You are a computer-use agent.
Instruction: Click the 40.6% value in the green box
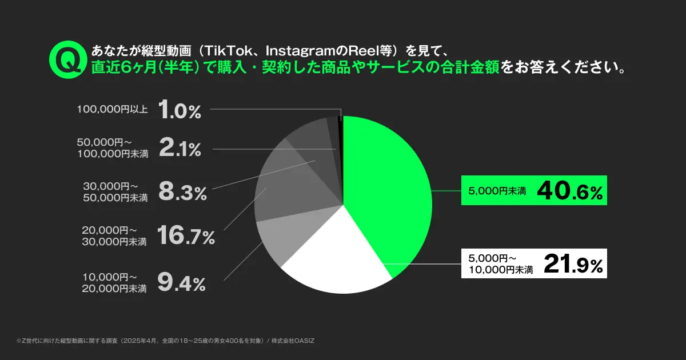pos(570,190)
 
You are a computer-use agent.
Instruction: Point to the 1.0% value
pos(179,109)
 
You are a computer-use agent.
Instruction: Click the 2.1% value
pos(179,150)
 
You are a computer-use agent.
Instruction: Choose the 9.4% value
pos(181,282)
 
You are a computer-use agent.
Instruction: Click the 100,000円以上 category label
pos(113,109)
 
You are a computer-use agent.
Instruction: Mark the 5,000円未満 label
pos(497,191)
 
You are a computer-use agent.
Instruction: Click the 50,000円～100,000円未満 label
pos(113,147)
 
